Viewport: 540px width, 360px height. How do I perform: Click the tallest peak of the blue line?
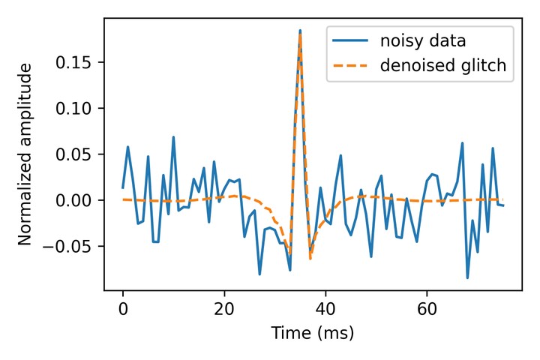point(300,31)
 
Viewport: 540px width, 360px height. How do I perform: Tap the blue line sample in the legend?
point(350,40)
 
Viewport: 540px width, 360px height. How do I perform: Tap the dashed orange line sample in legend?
point(350,67)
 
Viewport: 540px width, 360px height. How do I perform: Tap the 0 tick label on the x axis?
point(123,307)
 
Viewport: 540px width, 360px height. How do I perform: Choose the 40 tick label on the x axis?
point(325,307)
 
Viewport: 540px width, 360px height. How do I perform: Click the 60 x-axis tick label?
point(427,307)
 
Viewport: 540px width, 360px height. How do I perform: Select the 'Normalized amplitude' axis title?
point(25,154)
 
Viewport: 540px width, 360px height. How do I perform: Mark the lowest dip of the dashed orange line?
point(310,259)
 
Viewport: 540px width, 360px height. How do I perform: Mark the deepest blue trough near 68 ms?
point(467,277)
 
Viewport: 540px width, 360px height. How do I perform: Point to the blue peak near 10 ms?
point(173,137)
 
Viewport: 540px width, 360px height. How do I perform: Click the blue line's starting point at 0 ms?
point(123,187)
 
